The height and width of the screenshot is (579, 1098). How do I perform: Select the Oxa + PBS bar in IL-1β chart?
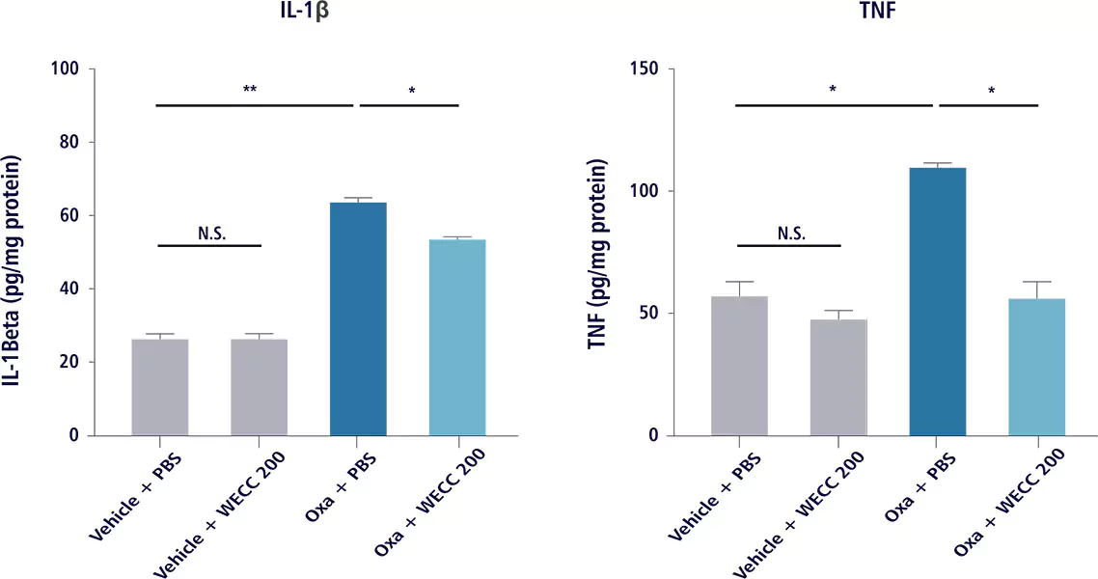pyautogui.click(x=358, y=318)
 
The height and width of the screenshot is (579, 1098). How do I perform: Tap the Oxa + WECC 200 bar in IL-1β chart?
pyautogui.click(x=457, y=337)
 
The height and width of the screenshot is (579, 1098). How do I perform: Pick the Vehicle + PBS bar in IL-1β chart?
pyautogui.click(x=159, y=386)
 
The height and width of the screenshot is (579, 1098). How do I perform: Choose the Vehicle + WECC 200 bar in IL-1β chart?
pyautogui.click(x=259, y=386)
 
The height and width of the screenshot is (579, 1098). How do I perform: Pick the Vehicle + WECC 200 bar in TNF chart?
pyautogui.click(x=837, y=376)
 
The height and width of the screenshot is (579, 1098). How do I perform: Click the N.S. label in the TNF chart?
pyautogui.click(x=788, y=234)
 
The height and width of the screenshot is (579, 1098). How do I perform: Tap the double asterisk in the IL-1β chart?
pyautogui.click(x=250, y=91)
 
